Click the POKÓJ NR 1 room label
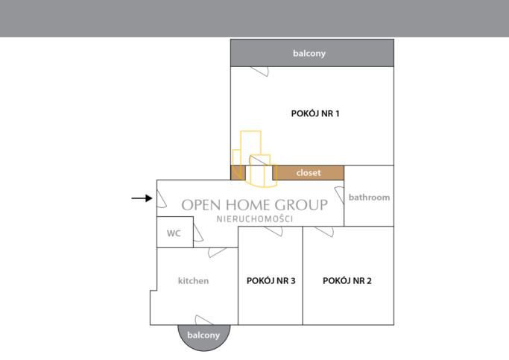click(315, 113)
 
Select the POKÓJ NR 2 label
click(347, 281)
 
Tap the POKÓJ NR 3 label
click(271, 281)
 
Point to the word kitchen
click(193, 281)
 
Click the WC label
click(174, 233)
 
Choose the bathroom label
click(369, 198)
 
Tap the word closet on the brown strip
click(309, 173)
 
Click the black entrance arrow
click(142, 198)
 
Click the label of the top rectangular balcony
click(309, 53)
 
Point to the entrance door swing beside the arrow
click(162, 199)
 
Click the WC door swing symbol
click(198, 232)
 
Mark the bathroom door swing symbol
click(340, 195)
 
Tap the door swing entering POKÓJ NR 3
click(274, 231)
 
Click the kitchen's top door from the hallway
click(217, 252)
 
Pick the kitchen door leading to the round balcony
click(204, 320)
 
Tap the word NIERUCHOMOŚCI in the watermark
click(255, 219)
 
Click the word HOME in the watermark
click(247, 205)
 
